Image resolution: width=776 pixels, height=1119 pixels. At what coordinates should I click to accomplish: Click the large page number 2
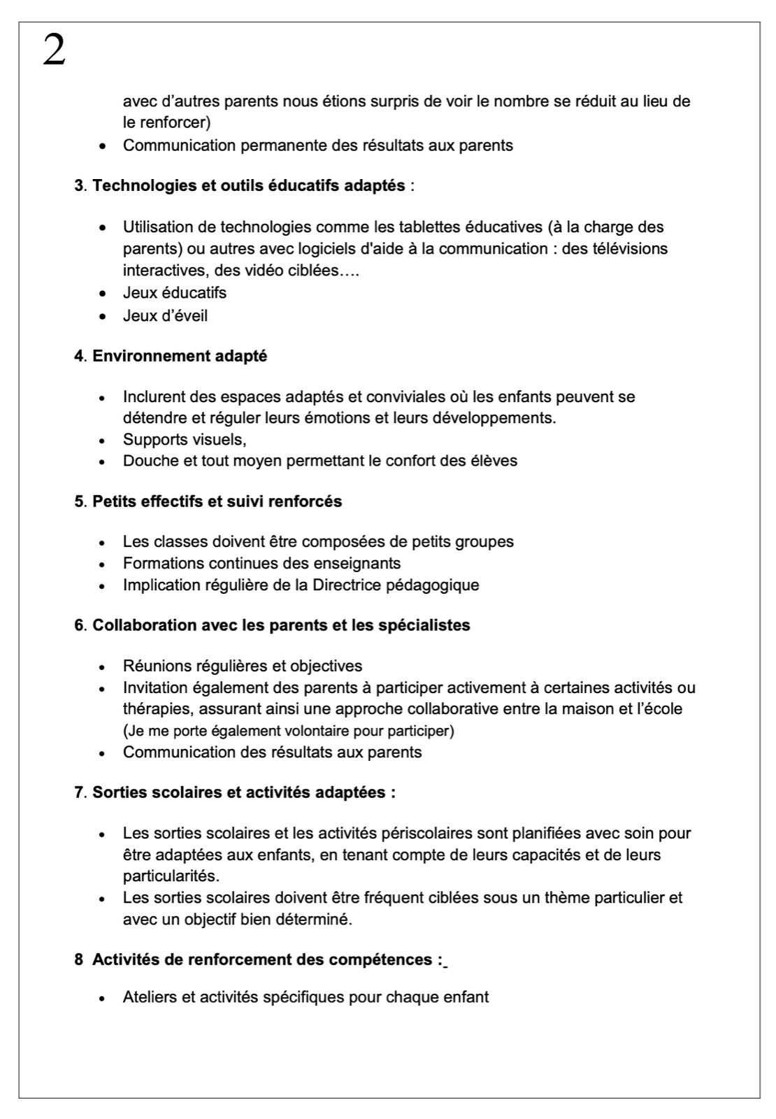tap(54, 51)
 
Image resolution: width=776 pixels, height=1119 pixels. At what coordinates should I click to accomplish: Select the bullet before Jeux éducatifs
tap(103, 294)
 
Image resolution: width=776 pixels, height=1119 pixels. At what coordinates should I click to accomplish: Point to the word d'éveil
tap(186, 316)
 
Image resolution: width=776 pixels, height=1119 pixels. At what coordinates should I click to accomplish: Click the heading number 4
tap(78, 356)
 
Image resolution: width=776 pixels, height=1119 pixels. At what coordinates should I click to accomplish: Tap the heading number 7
tap(78, 793)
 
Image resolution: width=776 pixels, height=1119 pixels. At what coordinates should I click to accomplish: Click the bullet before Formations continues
tap(103, 564)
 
